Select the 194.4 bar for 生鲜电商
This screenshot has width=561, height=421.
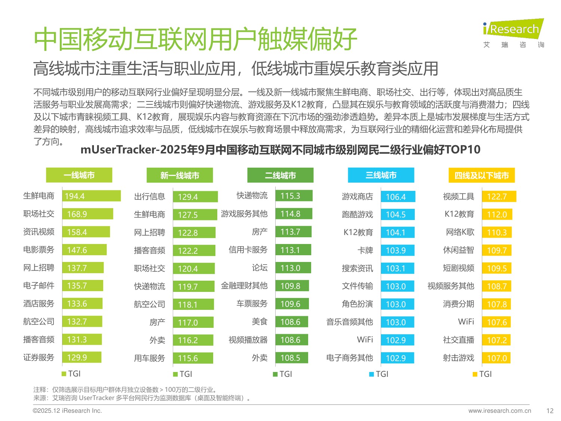pos(91,196)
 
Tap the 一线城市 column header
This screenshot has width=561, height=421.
pos(79,175)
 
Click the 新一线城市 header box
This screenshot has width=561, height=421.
pos(180,176)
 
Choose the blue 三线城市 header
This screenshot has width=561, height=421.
pos(381,175)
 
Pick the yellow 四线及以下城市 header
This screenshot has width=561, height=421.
pos(481,176)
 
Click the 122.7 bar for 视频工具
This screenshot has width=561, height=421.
pos(499,196)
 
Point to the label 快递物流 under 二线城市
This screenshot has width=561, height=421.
pos(252,196)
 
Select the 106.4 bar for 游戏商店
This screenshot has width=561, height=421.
pos(398,196)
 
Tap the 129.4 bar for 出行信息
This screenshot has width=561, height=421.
pos(195,197)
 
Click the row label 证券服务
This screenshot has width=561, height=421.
pos(39,357)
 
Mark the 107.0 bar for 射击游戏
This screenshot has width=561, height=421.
pos(496,358)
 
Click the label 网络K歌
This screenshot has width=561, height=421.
pos(460,232)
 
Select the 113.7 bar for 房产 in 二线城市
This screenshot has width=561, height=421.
pos(293,232)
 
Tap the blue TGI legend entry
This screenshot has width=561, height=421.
pos(379,374)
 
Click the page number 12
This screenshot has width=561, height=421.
pos(549,411)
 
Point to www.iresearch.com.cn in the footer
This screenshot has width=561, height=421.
pos(499,411)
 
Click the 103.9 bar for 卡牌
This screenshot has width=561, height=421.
pos(397,250)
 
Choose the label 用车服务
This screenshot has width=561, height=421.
pos(149,358)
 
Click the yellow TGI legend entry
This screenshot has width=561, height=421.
pos(482,374)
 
